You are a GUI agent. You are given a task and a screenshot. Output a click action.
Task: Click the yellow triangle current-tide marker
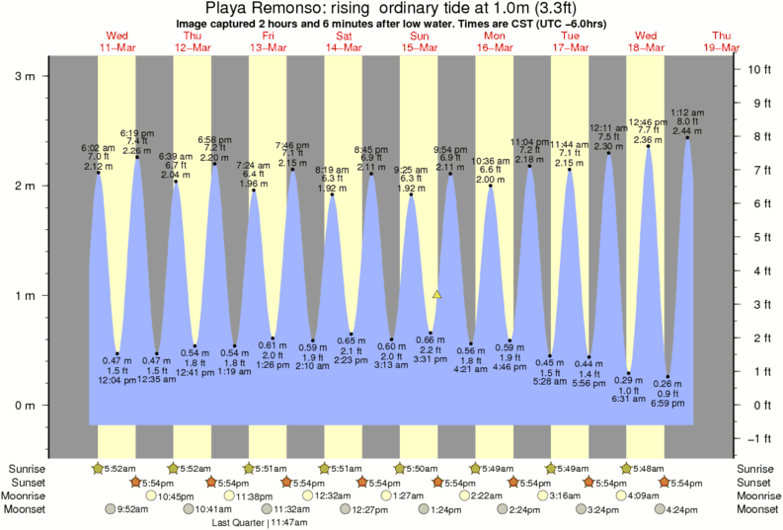pos(437,294)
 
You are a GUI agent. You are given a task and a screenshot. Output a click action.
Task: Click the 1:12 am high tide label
pos(687,113)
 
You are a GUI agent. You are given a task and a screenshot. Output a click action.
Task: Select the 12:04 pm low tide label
pos(117,380)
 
